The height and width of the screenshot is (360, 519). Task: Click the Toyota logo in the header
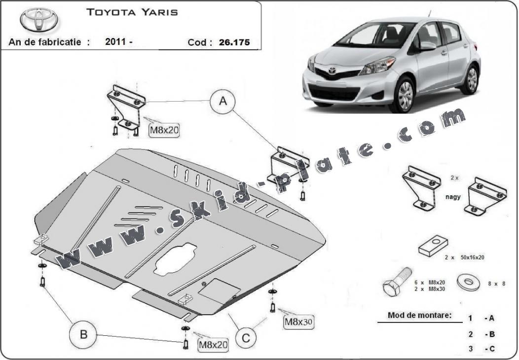pos(39,20)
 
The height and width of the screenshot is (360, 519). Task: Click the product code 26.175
pos(234,42)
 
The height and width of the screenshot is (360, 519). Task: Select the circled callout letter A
pos(223,101)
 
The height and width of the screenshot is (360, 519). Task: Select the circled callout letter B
pos(83,334)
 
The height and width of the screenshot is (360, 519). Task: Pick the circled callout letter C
pos(246,338)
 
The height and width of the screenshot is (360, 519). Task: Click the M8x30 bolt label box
pos(298,322)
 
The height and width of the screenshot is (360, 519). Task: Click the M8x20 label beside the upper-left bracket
pos(164,130)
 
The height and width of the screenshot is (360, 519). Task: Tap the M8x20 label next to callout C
pos(213,345)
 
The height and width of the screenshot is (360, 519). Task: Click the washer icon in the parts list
pos(469,282)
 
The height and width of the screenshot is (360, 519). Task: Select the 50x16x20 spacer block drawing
pos(433,246)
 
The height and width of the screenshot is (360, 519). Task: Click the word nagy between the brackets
pos(453,197)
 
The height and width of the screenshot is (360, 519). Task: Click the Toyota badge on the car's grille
pos(332,71)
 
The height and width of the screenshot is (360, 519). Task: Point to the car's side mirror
pos(427,46)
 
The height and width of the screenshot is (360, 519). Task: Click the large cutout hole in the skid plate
pos(176,260)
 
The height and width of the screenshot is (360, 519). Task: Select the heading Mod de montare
pos(419,315)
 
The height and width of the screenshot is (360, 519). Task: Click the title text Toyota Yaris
pos(132,12)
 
